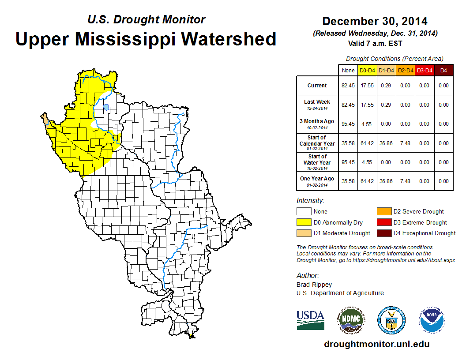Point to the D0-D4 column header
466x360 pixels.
368,70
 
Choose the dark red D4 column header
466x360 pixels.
443,70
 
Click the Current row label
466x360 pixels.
317,86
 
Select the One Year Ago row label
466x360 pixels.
317,179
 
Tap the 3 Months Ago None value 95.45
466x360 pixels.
348,124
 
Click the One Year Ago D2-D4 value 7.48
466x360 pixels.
406,181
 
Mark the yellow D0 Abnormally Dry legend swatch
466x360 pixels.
304,222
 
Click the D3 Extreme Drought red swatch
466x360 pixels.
384,222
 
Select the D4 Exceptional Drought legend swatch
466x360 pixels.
384,233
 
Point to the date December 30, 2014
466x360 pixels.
375,21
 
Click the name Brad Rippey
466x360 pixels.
314,285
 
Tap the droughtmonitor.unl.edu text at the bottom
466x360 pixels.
376,344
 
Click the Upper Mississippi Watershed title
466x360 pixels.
146,39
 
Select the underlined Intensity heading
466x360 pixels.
310,201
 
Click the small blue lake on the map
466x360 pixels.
106,107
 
